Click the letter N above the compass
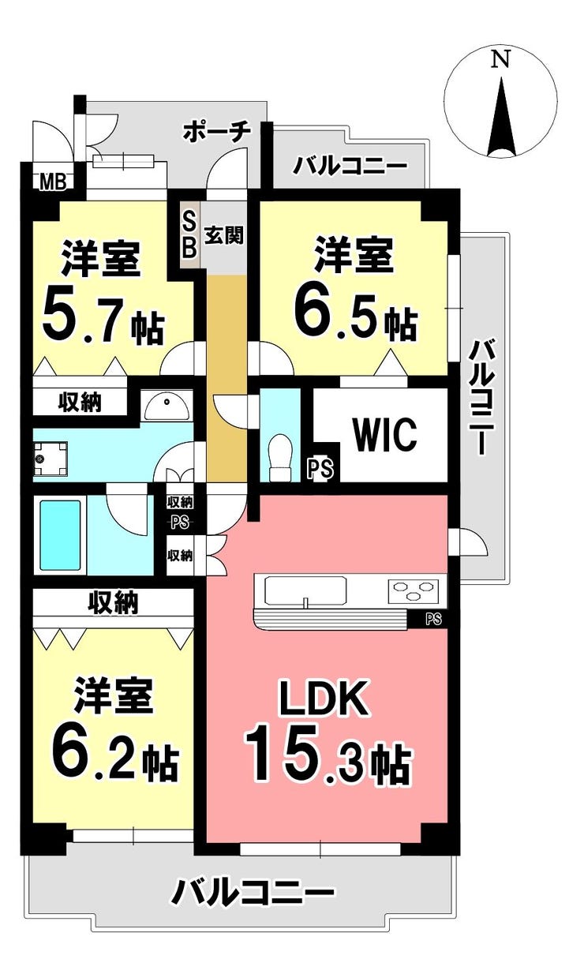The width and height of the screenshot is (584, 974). [500, 58]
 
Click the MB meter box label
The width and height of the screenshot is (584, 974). [53, 182]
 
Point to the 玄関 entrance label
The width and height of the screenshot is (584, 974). [224, 234]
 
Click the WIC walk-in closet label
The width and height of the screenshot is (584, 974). [385, 435]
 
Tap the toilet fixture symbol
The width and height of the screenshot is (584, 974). [280, 458]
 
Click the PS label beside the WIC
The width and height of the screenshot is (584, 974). [321, 469]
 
